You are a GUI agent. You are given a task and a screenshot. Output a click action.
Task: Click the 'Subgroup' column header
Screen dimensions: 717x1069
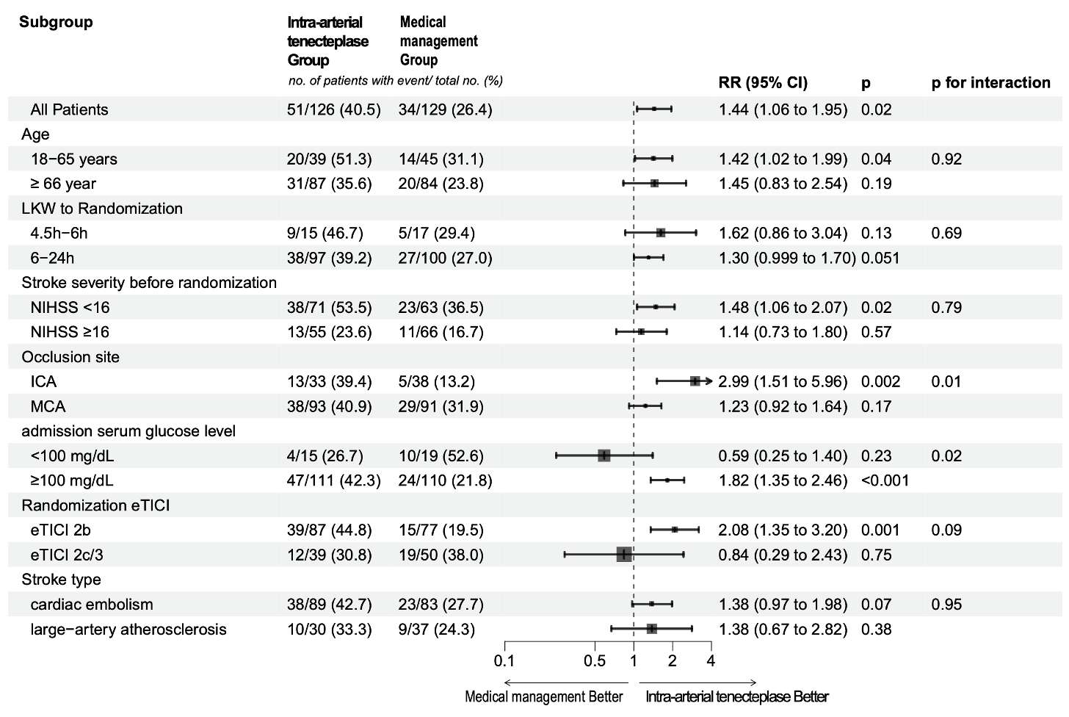click(56, 22)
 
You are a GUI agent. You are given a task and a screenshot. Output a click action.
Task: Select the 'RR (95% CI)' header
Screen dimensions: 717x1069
click(763, 83)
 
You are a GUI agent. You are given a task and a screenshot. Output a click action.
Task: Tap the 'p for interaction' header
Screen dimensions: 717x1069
click(990, 83)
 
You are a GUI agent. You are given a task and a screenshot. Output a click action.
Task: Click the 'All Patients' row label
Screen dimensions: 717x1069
click(69, 110)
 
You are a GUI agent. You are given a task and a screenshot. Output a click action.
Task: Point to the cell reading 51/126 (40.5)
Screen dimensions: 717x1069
click(334, 110)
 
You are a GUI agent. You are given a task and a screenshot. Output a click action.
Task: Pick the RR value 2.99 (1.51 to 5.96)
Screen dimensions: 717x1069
click(783, 382)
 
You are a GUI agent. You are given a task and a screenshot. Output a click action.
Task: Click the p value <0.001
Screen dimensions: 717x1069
click(885, 481)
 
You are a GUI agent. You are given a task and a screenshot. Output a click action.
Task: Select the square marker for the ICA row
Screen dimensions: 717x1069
click(695, 381)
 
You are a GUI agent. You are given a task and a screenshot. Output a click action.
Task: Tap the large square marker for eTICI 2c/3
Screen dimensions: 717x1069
click(624, 555)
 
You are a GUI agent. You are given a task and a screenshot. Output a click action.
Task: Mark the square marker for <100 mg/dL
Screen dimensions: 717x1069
click(604, 455)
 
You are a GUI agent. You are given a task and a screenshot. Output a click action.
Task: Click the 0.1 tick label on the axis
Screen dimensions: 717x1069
click(504, 660)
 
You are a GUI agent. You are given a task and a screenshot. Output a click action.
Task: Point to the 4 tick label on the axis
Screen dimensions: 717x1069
click(710, 660)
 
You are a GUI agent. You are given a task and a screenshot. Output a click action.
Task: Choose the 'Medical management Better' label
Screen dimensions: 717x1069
click(543, 696)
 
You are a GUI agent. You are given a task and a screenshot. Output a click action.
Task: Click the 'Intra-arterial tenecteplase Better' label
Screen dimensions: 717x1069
click(737, 696)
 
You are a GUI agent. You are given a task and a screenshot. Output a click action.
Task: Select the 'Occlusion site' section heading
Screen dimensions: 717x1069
click(70, 357)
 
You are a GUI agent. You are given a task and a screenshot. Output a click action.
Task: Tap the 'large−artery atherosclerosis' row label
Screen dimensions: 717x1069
click(128, 630)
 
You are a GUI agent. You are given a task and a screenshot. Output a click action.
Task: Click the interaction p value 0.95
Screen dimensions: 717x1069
click(946, 605)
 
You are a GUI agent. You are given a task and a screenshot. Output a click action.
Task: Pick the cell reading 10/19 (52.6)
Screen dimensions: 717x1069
click(441, 456)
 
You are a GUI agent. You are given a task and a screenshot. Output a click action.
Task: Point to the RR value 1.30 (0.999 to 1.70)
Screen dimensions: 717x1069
click(787, 259)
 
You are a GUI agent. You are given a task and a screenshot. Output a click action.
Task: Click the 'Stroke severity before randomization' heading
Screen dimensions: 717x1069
click(149, 283)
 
